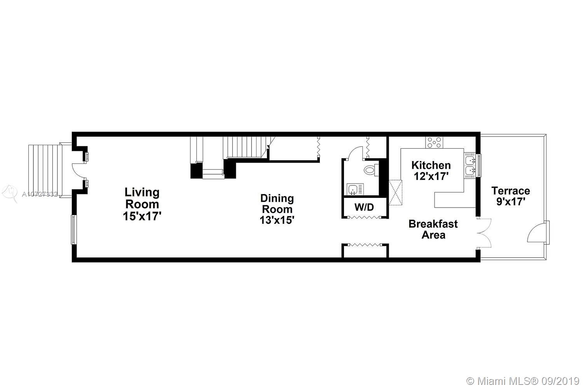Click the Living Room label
(142, 198)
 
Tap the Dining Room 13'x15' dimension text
(277, 220)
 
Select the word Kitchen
(431, 165)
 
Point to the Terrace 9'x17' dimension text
(511, 201)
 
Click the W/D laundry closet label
(364, 207)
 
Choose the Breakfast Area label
(433, 229)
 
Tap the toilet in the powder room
(371, 170)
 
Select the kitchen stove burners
(434, 142)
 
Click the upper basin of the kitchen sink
(470, 159)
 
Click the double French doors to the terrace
(484, 233)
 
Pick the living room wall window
(74, 229)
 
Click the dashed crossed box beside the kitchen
(396, 192)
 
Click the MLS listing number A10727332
(40, 194)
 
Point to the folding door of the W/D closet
(365, 217)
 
